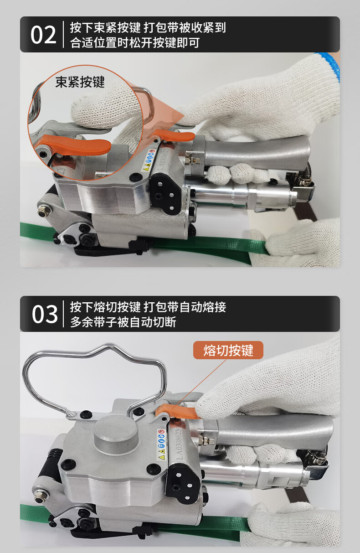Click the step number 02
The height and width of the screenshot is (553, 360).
(x=43, y=35)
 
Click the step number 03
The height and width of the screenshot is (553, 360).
(x=45, y=314)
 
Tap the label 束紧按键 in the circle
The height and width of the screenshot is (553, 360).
(x=80, y=82)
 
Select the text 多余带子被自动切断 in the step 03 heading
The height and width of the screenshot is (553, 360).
(x=123, y=322)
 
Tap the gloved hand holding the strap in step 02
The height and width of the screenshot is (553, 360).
(x=301, y=242)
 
